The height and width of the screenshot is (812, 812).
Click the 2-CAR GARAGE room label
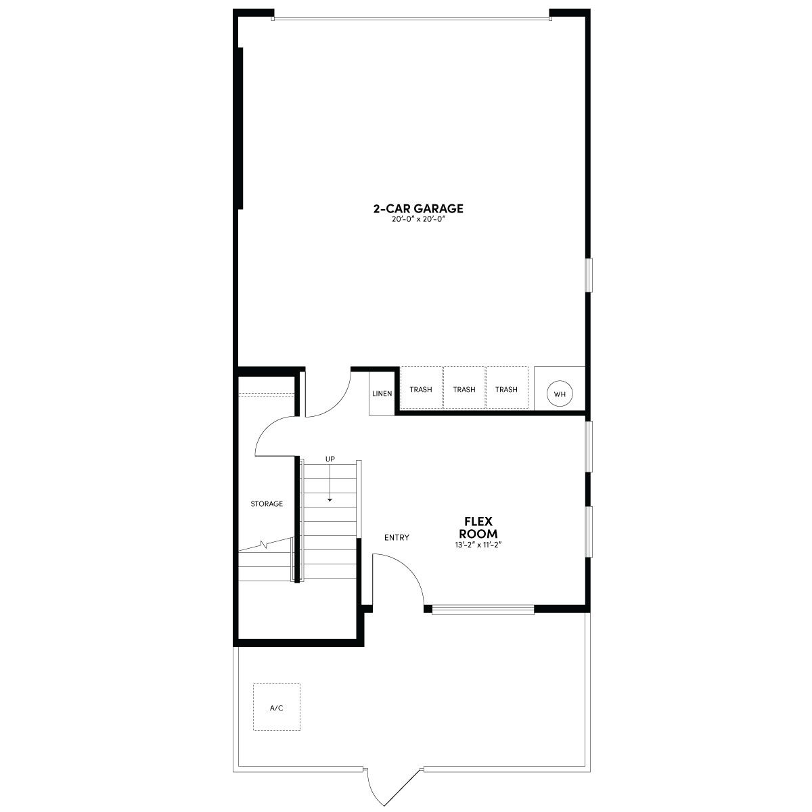click(418, 208)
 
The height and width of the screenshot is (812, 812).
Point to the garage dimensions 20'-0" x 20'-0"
click(418, 219)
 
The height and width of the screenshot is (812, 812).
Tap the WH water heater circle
click(559, 394)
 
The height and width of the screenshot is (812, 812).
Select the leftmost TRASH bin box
click(421, 387)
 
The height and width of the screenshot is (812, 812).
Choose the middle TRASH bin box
click(464, 387)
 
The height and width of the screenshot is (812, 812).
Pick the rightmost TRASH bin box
click(507, 387)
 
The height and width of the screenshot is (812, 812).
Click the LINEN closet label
click(382, 394)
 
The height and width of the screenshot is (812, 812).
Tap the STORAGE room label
click(267, 503)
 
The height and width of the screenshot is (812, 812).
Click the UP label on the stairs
click(330, 459)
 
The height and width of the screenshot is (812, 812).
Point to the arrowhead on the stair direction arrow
click(330, 500)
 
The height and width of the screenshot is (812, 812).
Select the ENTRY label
click(397, 537)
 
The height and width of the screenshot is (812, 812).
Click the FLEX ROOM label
click(478, 527)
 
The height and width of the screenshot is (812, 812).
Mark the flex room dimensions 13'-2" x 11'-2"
click(478, 545)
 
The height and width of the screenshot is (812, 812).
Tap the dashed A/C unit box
click(277, 707)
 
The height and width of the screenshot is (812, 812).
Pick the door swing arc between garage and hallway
click(337, 403)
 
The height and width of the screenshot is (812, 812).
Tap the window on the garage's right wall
click(589, 275)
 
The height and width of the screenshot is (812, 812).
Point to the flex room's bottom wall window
click(483, 609)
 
